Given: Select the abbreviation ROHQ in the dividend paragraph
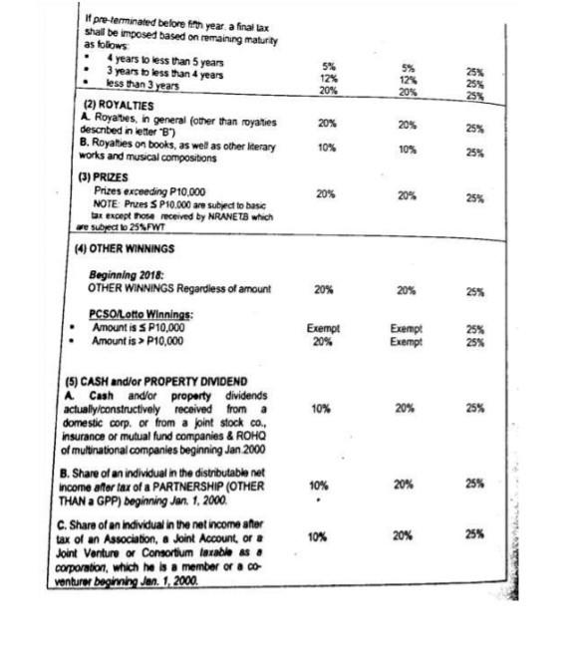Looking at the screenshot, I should [x=257, y=428].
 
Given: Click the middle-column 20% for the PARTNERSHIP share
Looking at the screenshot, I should [x=407, y=486].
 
